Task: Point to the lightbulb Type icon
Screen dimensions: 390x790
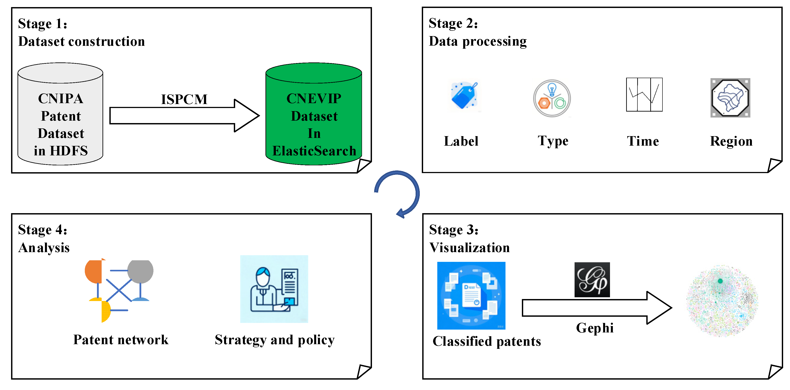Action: [552, 98]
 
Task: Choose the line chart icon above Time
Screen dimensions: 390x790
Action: [644, 95]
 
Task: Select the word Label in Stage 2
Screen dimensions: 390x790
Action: [461, 141]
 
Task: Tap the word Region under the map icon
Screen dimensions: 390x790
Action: [731, 141]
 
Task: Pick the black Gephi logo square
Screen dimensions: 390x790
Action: [592, 279]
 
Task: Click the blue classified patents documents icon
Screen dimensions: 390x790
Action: [471, 295]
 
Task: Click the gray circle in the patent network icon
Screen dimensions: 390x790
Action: [140, 271]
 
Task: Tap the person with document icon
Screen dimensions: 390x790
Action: [274, 289]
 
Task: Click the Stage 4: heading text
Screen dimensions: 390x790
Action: [42, 230]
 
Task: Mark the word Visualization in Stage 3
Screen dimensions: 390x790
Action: [469, 247]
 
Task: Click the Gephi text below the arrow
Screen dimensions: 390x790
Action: [595, 328]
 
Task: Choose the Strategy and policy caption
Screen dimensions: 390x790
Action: [275, 340]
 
